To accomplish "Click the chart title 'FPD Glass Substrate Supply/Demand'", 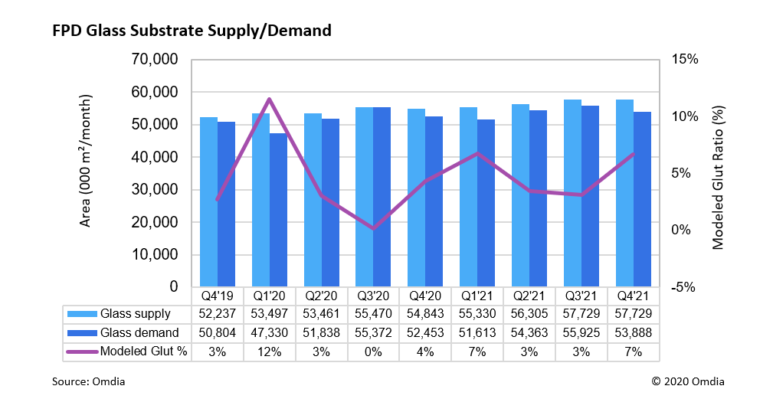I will coord(192,31).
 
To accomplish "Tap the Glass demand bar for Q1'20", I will coord(278,211).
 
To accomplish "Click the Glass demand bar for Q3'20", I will coord(382,198).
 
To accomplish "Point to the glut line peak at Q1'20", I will coord(269,99).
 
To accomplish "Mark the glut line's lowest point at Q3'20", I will coord(373,228).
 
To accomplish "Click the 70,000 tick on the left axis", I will coord(156,60).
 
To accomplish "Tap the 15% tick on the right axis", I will coord(685,60).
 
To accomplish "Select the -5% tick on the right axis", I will coord(683,287).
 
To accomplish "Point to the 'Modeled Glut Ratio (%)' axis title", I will coord(718,173).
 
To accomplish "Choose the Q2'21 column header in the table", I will coord(529,296).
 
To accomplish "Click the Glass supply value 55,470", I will coord(373,314).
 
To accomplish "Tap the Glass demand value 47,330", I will coord(269,333).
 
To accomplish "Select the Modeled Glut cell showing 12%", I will coord(269,352).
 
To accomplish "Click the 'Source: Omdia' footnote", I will coord(88,381).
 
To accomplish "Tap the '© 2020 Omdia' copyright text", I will coord(687,381).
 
